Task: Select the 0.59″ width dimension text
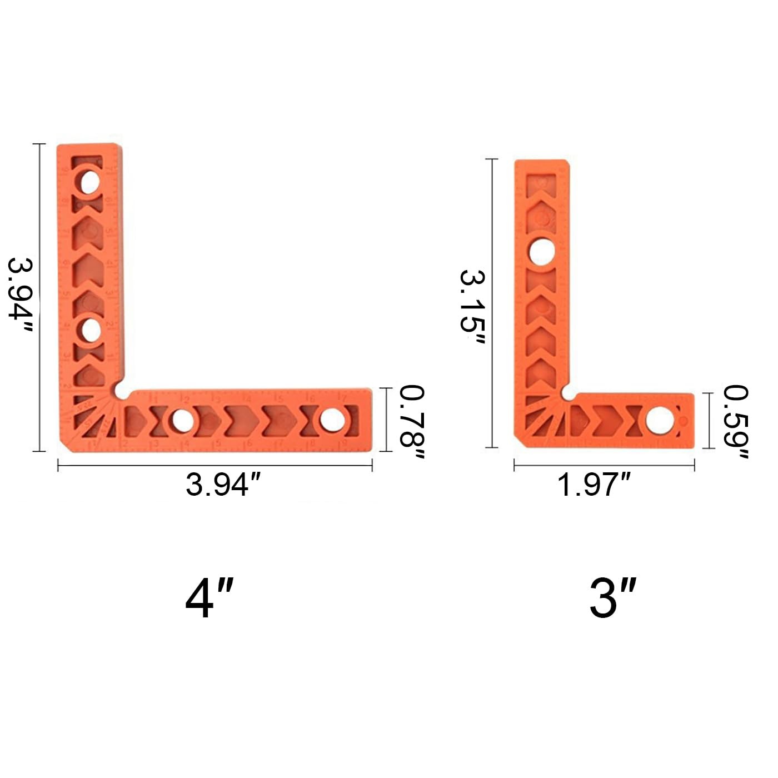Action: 735,423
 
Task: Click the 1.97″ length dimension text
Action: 594,485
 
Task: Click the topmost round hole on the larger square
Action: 88,182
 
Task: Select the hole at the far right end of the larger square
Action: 331,420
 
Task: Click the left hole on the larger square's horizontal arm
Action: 179,421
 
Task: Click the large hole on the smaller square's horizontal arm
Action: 658,420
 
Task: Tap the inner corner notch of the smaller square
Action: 567,393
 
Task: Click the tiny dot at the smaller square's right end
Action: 683,420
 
